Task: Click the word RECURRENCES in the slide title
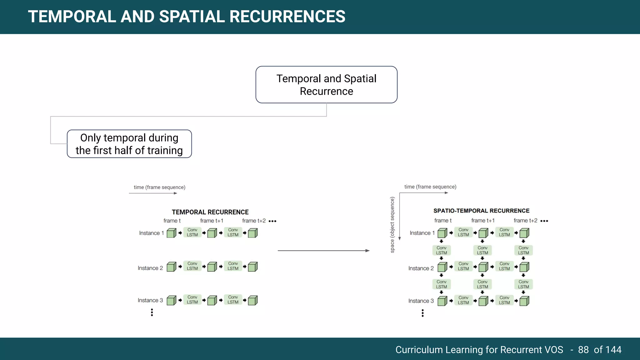[287, 17]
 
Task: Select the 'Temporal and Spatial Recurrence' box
[326, 85]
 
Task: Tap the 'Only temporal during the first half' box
[129, 144]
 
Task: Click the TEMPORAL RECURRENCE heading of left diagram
[210, 212]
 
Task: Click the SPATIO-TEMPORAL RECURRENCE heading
[481, 211]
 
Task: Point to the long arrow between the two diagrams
[323, 251]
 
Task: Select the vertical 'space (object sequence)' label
[392, 225]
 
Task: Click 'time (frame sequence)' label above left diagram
[159, 187]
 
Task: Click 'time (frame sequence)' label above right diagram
[430, 187]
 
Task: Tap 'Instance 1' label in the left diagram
[151, 233]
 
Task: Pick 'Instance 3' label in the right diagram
[421, 301]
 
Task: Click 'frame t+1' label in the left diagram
[212, 221]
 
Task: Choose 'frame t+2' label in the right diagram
[525, 221]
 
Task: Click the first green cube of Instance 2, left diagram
[171, 267]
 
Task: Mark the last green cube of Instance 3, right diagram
[524, 301]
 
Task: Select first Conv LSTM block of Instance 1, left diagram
[192, 232]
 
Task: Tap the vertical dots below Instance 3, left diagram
[152, 312]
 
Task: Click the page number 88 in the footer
[583, 350]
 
